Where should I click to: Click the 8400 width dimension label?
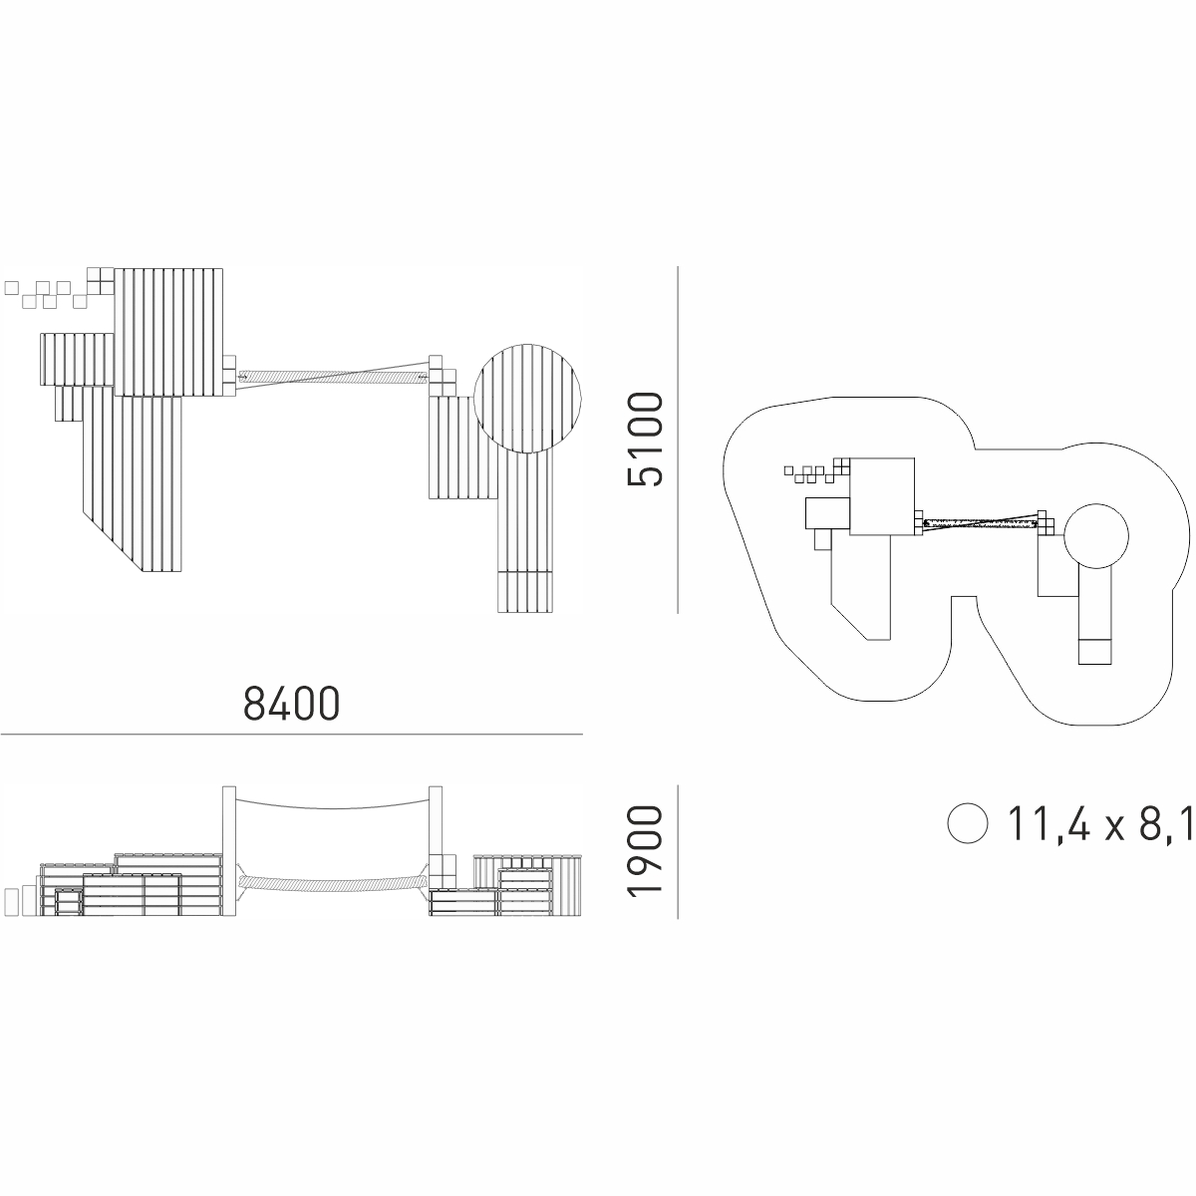point(291,704)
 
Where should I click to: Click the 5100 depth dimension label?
point(646,439)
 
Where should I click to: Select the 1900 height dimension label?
point(646,851)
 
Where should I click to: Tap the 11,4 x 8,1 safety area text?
point(1099,823)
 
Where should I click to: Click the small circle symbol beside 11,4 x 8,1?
point(967,823)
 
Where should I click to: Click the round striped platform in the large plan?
point(527,399)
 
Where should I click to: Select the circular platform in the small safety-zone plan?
point(1096,535)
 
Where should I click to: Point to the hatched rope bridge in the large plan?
point(333,376)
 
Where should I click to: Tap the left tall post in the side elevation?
point(229,851)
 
